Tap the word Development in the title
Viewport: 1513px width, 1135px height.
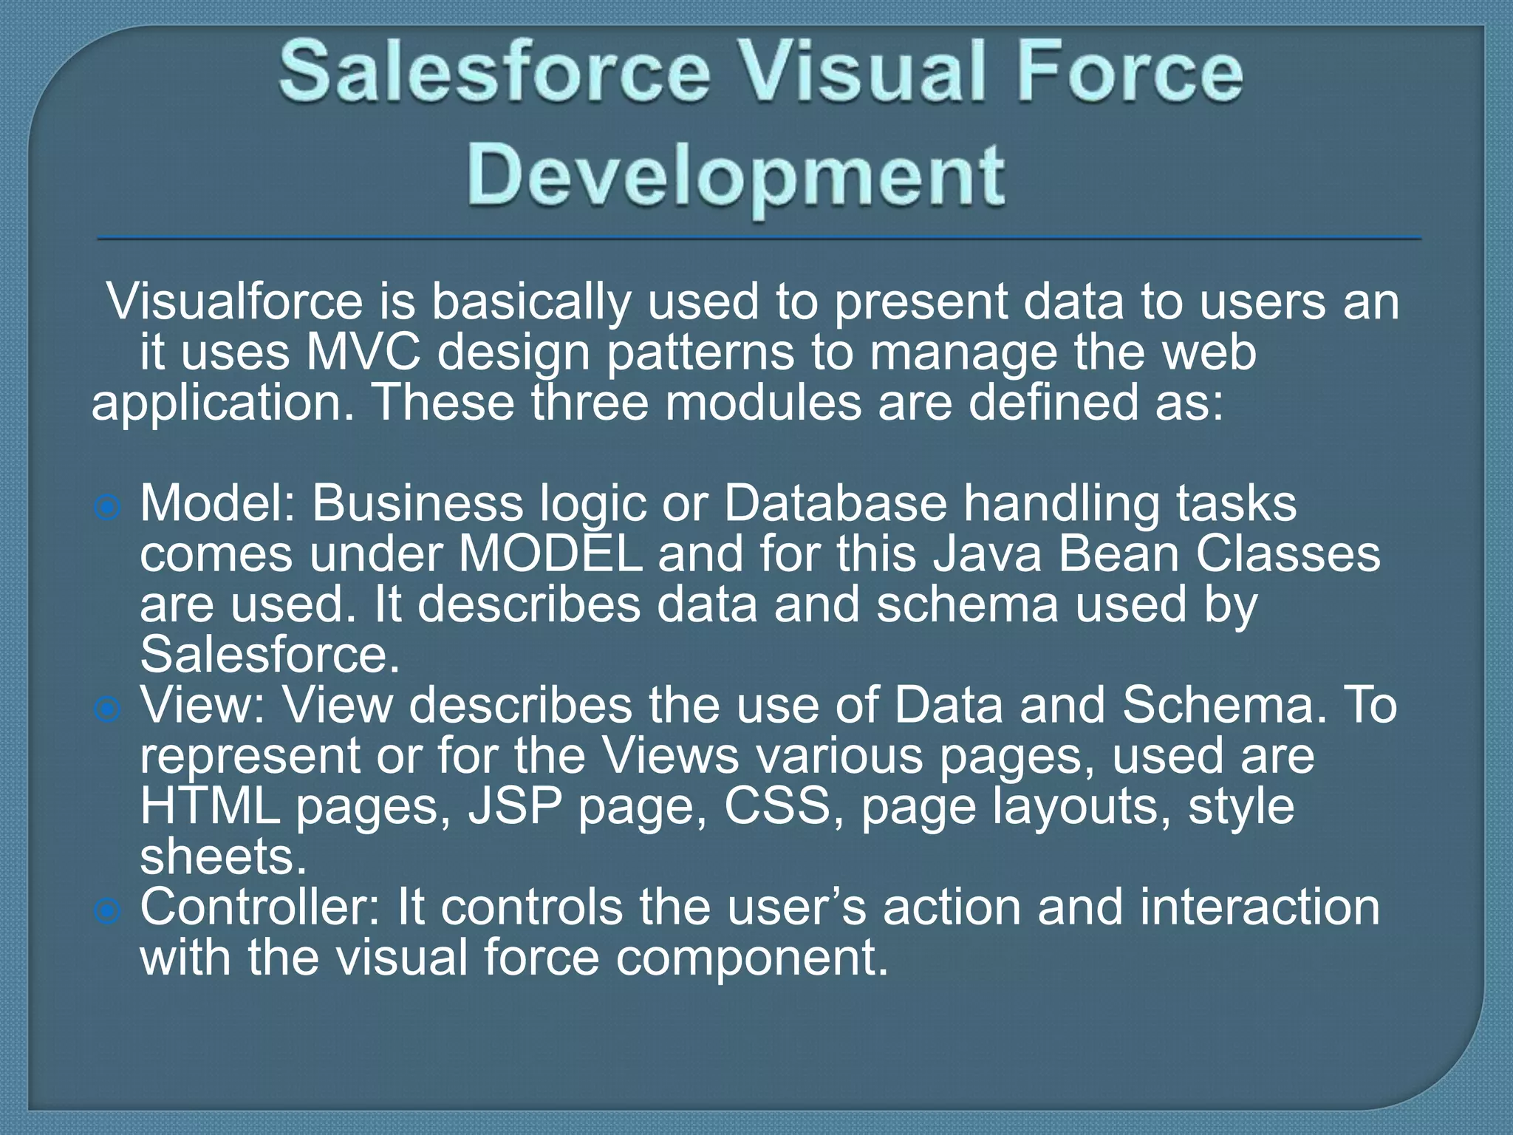click(736, 176)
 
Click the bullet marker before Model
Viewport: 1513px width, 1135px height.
click(108, 508)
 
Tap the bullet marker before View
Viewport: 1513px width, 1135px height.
click(108, 709)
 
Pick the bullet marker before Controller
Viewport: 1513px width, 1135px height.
click(108, 911)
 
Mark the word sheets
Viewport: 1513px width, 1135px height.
click(223, 857)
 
